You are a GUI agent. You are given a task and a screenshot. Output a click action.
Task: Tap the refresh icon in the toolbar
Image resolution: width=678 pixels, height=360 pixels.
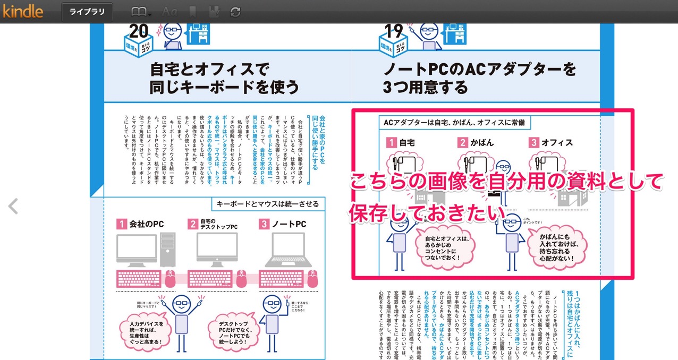[x=235, y=11]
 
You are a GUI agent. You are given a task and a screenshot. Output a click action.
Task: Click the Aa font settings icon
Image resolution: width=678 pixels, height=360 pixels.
[x=170, y=11]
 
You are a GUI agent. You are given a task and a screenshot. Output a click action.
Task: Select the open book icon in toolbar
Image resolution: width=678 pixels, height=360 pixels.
[x=139, y=11]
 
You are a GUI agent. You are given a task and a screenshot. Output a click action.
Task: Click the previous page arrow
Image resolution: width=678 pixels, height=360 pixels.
[x=13, y=206]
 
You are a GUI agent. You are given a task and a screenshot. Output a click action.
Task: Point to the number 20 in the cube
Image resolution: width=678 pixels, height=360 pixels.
[x=139, y=32]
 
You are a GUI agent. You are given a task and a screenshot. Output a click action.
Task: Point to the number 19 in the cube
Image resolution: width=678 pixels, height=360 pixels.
[x=394, y=32]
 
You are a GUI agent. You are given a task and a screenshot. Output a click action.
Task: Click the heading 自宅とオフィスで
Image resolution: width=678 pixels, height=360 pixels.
[x=210, y=69]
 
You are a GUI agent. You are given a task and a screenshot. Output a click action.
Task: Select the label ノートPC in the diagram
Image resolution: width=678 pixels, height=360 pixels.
[x=289, y=224]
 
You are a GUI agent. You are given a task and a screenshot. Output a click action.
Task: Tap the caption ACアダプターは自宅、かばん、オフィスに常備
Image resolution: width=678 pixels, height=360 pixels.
[x=454, y=123]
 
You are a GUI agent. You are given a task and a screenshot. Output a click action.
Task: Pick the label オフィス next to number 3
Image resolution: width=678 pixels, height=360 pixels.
[x=557, y=142]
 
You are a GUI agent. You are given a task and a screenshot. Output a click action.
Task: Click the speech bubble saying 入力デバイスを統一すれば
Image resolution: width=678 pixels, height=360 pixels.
[x=146, y=332]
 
